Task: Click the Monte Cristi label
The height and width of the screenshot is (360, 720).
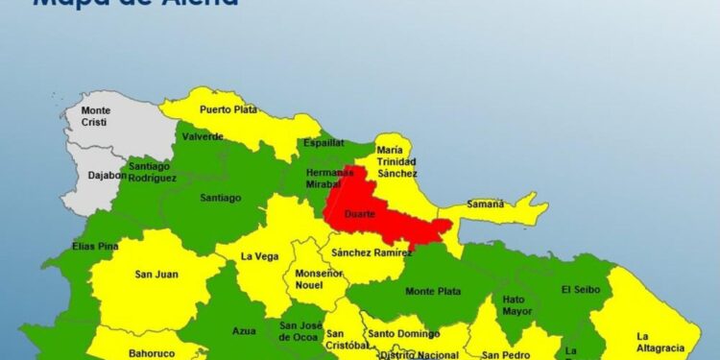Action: pyautogui.click(x=96, y=116)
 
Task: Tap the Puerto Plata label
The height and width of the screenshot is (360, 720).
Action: pyautogui.click(x=228, y=109)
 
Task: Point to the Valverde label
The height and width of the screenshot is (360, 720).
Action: pyautogui.click(x=203, y=136)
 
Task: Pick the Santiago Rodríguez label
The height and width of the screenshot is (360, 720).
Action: pyautogui.click(x=152, y=172)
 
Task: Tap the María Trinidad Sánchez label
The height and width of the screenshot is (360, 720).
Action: pyautogui.click(x=396, y=161)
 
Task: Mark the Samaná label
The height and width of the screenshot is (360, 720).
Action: pyautogui.click(x=484, y=204)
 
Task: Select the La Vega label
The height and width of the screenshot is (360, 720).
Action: pyautogui.click(x=259, y=255)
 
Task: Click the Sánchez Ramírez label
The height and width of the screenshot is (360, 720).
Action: pyautogui.click(x=371, y=252)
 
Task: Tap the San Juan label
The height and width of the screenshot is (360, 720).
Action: pyautogui.click(x=156, y=275)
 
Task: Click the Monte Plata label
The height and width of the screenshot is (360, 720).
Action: pyautogui.click(x=433, y=291)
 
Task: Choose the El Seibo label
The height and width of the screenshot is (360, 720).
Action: pyautogui.click(x=579, y=289)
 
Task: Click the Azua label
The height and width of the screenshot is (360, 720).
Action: pyautogui.click(x=244, y=330)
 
